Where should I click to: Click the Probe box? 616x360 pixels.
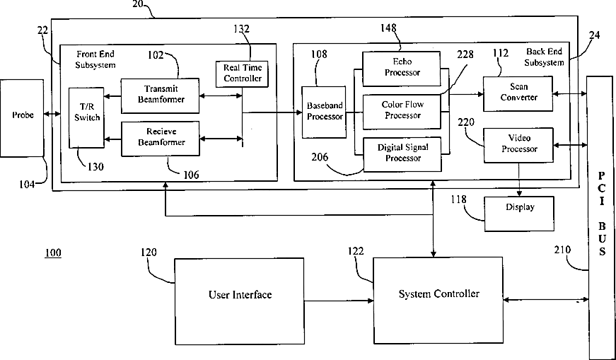pyautogui.click(x=22, y=117)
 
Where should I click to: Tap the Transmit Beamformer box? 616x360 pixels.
pyautogui.click(x=160, y=95)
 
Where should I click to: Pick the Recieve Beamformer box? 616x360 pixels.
pyautogui.click(x=160, y=138)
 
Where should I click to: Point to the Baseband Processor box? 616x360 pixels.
pyautogui.click(x=324, y=111)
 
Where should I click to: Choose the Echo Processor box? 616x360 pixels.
pyautogui.click(x=401, y=67)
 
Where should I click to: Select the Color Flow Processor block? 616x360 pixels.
pyautogui.click(x=401, y=110)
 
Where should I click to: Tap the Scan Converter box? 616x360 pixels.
pyautogui.click(x=518, y=93)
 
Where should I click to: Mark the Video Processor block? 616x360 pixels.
pyautogui.click(x=518, y=144)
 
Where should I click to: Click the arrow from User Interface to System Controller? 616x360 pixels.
pyautogui.click(x=339, y=301)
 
